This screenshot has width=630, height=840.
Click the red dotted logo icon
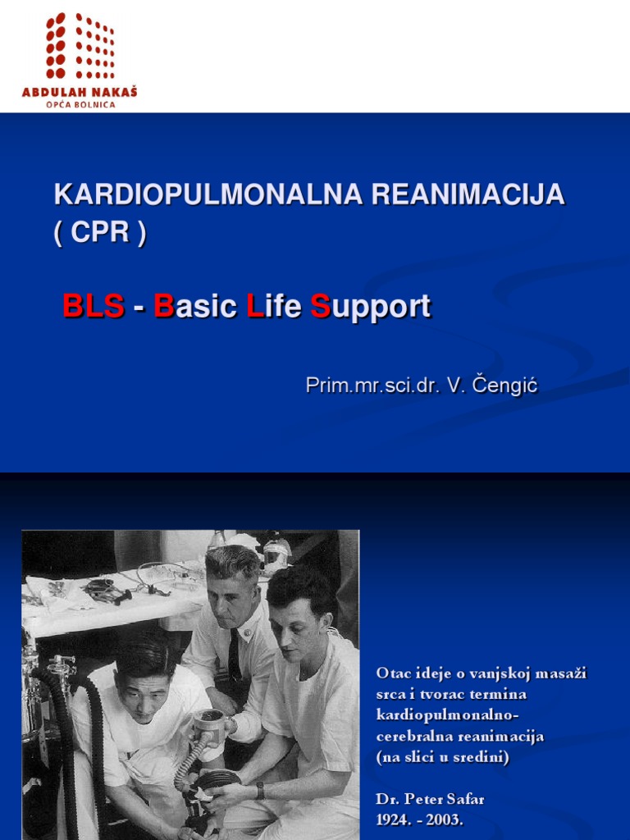click(x=80, y=46)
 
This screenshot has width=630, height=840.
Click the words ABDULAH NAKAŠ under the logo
click(x=80, y=92)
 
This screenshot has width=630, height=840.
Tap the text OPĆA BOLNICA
click(x=80, y=104)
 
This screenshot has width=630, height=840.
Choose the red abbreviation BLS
click(x=94, y=307)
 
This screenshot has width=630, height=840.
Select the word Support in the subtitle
click(x=370, y=308)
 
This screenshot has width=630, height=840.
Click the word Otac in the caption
click(x=392, y=673)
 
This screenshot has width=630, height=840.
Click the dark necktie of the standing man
click(x=235, y=654)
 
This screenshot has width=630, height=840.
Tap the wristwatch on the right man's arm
click(x=259, y=789)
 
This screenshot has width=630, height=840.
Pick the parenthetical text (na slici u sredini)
click(x=443, y=758)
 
